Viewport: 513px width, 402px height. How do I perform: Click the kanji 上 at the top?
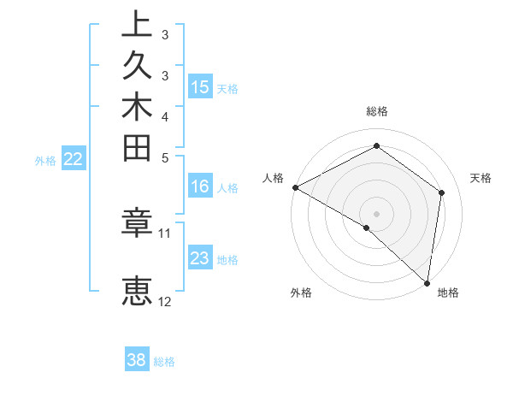[x=137, y=25]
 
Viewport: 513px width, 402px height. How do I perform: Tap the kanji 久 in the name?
[x=137, y=67]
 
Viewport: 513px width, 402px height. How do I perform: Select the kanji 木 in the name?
[x=137, y=108]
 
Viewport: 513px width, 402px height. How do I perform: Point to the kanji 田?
[x=137, y=149]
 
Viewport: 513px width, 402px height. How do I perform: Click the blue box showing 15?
[x=200, y=86]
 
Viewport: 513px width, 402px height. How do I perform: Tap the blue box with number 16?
[x=200, y=187]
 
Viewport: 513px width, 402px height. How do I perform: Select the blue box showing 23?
[x=200, y=258]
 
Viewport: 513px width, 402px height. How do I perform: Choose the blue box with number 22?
[x=74, y=158]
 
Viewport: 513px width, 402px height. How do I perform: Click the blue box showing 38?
[x=137, y=360]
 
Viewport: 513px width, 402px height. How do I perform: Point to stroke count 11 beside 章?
[x=165, y=233]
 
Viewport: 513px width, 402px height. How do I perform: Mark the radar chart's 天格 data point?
[x=442, y=192]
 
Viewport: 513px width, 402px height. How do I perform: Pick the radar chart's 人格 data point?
[x=295, y=187]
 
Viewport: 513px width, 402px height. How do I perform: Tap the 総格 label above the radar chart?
[x=376, y=111]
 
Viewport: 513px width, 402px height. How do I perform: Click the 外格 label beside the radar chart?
[x=301, y=293]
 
